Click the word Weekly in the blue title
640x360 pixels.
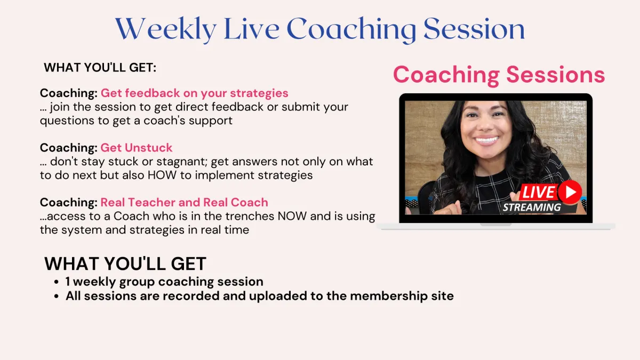(x=166, y=29)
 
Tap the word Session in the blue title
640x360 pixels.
(x=474, y=29)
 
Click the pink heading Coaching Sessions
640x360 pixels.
(x=499, y=75)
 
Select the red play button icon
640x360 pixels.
(x=570, y=192)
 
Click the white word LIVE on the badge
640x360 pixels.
(x=538, y=192)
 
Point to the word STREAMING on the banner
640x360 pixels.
(x=532, y=207)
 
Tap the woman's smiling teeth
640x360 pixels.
(x=486, y=140)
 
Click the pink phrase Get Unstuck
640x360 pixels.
(x=137, y=148)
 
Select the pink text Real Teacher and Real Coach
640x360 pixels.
(x=185, y=202)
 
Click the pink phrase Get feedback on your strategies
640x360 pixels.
(x=194, y=93)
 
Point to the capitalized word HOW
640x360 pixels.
(x=162, y=175)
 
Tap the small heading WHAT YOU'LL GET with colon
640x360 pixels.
(x=100, y=68)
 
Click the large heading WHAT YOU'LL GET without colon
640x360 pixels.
(x=125, y=263)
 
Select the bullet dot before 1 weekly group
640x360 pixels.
(x=57, y=282)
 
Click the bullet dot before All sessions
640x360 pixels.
(x=57, y=297)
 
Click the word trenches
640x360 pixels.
(x=250, y=217)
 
